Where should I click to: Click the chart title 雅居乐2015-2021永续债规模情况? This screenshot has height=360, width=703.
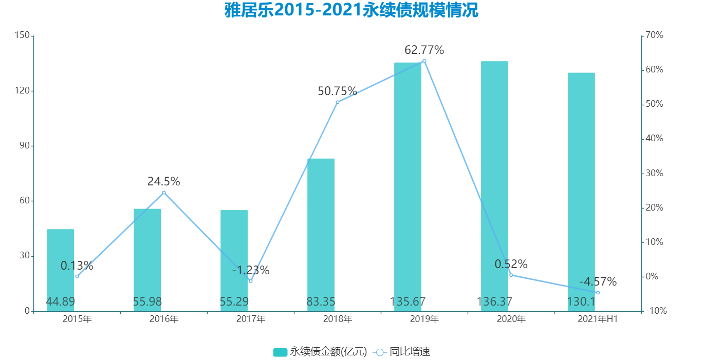pyautogui.click(x=351, y=10)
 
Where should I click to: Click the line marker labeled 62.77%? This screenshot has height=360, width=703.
pyautogui.click(x=424, y=61)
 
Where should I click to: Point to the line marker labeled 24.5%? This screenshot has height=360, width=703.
pyautogui.click(x=164, y=193)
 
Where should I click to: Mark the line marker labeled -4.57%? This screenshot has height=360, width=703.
pyautogui.click(x=598, y=293)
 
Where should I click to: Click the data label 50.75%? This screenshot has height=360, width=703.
pyautogui.click(x=337, y=91)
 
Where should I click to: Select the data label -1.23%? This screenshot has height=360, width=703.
pyautogui.click(x=251, y=270)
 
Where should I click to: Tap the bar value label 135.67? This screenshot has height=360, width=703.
pyautogui.click(x=408, y=301)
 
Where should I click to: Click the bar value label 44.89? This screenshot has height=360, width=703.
pyautogui.click(x=60, y=301)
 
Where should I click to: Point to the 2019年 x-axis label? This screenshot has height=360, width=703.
pyautogui.click(x=424, y=319)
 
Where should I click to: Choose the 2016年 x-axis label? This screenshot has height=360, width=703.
pyautogui.click(x=164, y=319)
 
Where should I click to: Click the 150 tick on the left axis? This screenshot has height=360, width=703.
pyautogui.click(x=22, y=35)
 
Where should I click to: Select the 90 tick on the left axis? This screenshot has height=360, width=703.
pyautogui.click(x=24, y=146)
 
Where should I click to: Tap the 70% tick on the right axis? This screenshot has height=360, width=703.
pyautogui.click(x=655, y=35)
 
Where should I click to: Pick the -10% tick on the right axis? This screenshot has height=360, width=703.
pyautogui.click(x=656, y=311)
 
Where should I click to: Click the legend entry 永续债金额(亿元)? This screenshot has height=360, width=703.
pyautogui.click(x=320, y=352)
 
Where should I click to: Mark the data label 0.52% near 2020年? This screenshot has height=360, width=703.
pyautogui.click(x=511, y=264)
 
